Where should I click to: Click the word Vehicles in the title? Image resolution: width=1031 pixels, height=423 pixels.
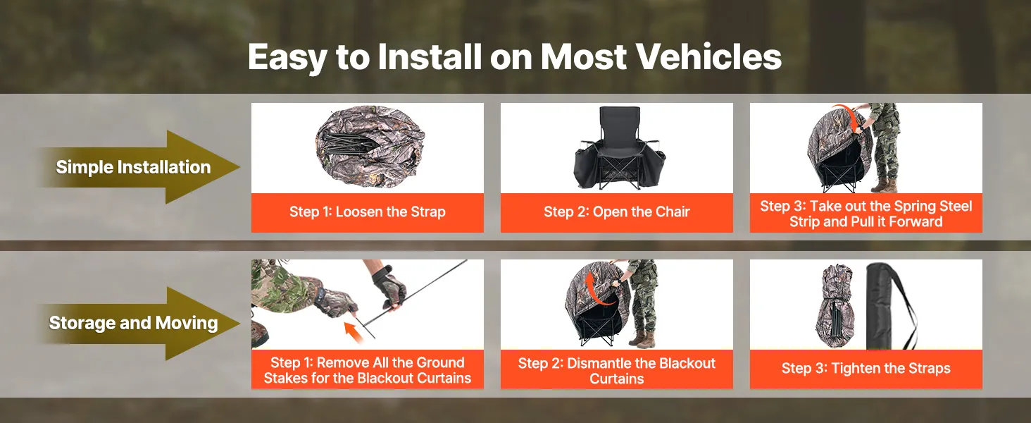tap(708, 56)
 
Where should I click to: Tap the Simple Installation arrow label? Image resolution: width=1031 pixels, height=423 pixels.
tap(133, 167)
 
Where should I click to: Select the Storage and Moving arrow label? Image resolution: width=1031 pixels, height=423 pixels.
tap(133, 323)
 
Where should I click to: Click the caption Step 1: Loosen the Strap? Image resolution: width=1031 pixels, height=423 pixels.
tap(368, 212)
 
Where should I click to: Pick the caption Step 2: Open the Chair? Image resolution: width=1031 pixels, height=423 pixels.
tap(617, 212)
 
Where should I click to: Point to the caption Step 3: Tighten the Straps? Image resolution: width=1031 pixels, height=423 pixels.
tap(866, 368)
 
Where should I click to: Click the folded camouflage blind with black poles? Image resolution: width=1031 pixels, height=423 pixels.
tap(370, 146)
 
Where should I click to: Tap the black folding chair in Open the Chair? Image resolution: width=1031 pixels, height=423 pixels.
tap(619, 148)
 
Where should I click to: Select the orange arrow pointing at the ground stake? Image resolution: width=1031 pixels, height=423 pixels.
tap(352, 332)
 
